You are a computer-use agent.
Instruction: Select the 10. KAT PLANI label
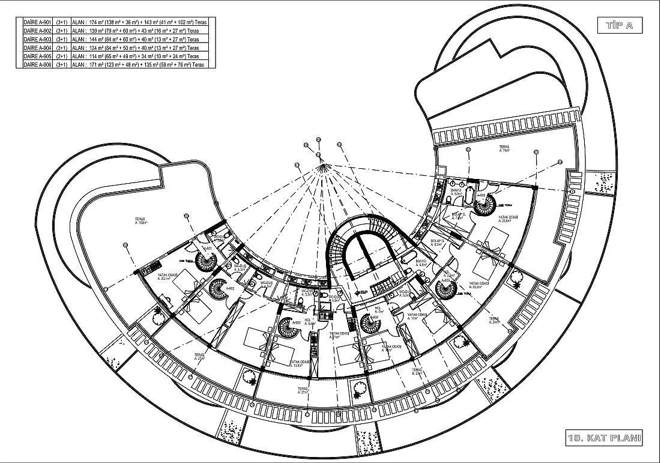point(604,437)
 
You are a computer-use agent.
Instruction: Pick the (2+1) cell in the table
point(61,56)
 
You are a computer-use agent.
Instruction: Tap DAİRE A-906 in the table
point(36,64)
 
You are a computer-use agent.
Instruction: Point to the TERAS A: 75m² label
point(504,148)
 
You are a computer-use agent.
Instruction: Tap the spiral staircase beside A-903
point(287,328)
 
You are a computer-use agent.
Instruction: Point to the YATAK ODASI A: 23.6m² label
point(508,219)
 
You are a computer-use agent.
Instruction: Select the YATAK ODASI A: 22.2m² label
point(478,285)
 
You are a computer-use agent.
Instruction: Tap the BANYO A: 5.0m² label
point(456,192)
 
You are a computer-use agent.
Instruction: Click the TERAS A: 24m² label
point(494,321)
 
